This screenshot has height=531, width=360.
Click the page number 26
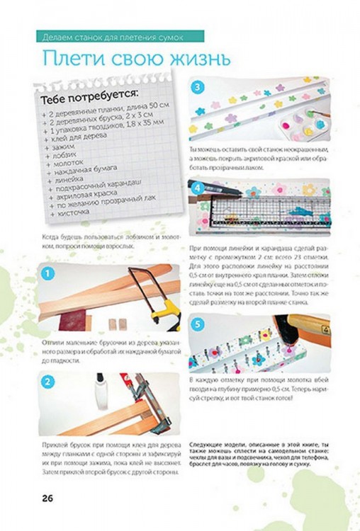[x=47, y=497]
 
